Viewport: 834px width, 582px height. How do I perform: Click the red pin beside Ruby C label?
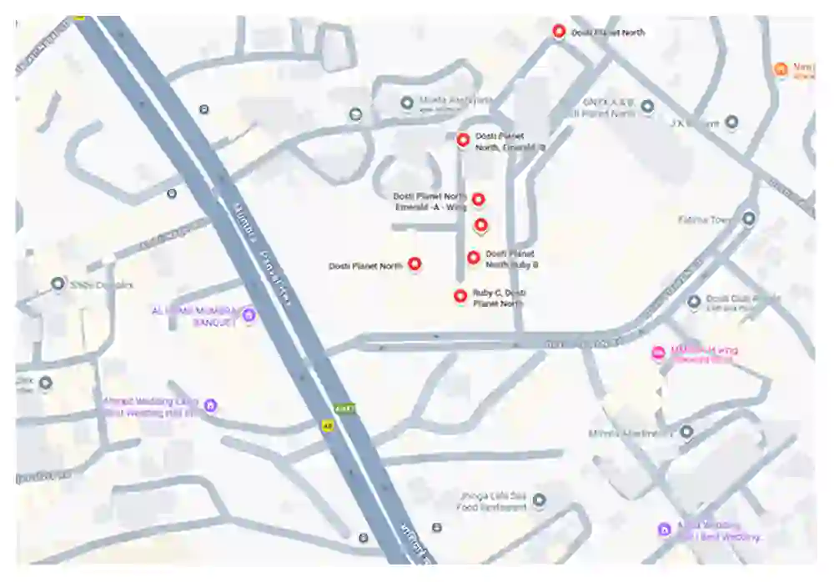click(460, 295)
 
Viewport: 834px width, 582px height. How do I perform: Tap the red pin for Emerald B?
click(463, 140)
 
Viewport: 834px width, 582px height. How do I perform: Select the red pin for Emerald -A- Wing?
click(478, 198)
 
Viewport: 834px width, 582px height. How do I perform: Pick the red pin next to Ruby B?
click(474, 258)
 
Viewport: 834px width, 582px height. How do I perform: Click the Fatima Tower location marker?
click(749, 218)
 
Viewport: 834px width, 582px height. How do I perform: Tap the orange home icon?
click(781, 69)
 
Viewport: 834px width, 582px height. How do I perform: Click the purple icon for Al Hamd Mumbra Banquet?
click(249, 314)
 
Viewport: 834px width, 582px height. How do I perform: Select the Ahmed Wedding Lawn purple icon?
click(211, 405)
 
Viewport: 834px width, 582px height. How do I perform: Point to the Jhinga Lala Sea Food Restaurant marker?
click(539, 500)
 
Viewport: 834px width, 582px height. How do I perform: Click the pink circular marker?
click(658, 353)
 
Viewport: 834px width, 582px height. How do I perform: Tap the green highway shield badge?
click(344, 409)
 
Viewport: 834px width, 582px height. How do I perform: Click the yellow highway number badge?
click(328, 425)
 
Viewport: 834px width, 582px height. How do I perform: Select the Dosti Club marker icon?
click(694, 301)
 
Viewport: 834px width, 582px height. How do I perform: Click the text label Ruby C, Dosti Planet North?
click(499, 299)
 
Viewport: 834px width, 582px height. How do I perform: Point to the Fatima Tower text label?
click(705, 219)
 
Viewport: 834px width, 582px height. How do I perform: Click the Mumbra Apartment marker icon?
click(686, 432)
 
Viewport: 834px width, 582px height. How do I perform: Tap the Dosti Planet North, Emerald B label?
click(510, 141)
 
